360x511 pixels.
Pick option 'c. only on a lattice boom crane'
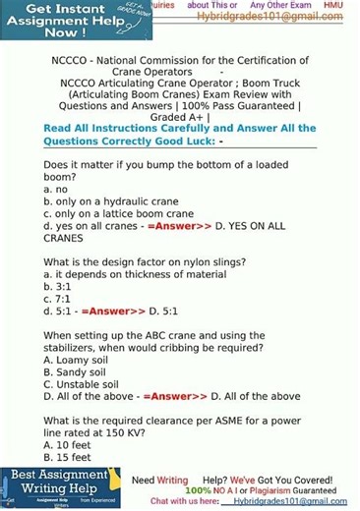coord(118,213)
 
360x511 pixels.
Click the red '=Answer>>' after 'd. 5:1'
coord(106,312)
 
